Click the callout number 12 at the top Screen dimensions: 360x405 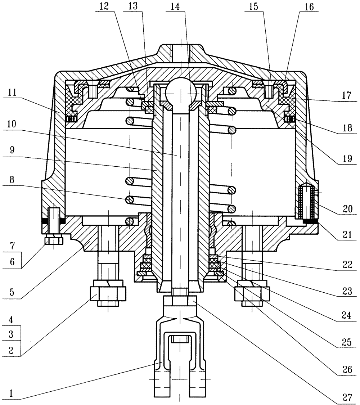pos(103,7)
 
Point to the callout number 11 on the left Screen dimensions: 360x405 pos(10,92)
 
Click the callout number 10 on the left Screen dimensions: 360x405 pos(10,124)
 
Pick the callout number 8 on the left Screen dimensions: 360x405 pos(10,180)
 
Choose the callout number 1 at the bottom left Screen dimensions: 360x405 pos(10,394)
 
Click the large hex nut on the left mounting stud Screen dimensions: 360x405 pos(108,293)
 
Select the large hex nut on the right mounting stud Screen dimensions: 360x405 pos(252,293)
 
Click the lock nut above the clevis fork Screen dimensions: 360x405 pos(180,300)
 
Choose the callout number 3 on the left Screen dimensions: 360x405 pos(10,334)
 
